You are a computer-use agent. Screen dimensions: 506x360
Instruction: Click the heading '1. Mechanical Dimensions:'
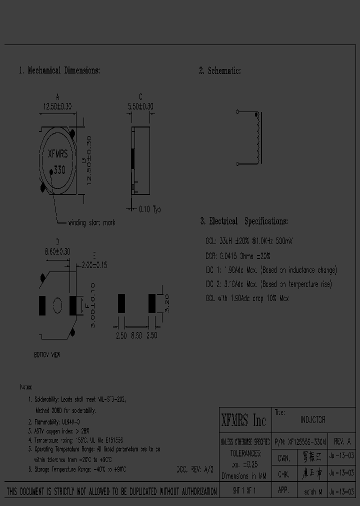pos(59,70)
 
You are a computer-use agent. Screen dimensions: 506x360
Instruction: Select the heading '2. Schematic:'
pos(220,71)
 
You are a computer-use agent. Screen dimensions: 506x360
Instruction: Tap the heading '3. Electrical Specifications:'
pos(243,221)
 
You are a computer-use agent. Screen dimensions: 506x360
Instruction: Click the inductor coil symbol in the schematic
pos(257,138)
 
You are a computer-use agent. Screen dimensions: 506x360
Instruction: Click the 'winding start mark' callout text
pos(91,222)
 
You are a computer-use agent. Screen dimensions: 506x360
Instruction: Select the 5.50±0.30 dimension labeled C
pos(140,106)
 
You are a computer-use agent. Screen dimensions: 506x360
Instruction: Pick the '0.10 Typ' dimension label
pos(149,209)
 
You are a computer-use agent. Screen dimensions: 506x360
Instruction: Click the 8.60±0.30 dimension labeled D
pos(57,252)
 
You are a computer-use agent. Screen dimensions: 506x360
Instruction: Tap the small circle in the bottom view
pos(57,304)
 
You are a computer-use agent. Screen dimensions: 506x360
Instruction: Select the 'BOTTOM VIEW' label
pos(47,354)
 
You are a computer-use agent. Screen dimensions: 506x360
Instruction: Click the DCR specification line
pos(238,255)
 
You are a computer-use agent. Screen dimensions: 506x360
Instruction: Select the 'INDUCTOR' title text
pos(313,420)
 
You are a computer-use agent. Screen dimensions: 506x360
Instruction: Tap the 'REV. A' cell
pos(342,442)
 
